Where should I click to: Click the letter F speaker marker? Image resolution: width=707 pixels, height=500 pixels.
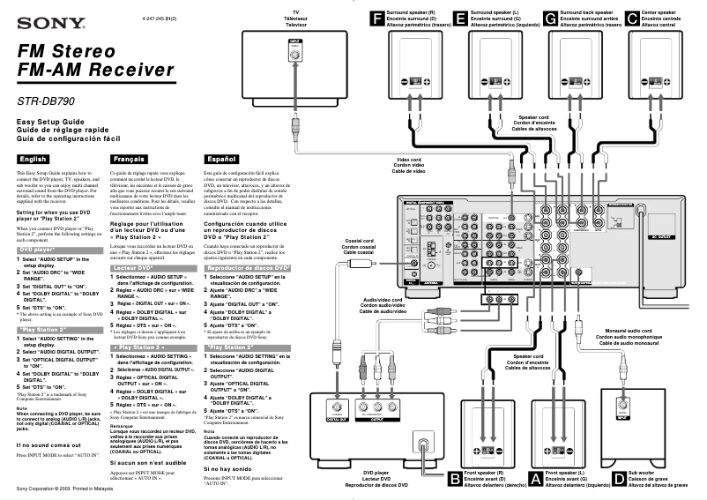click(x=378, y=18)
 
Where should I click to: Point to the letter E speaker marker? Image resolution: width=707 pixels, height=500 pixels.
click(x=461, y=18)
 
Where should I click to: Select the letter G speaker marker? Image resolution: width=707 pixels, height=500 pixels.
click(x=551, y=18)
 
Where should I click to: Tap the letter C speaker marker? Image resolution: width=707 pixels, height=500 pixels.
click(x=632, y=18)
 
